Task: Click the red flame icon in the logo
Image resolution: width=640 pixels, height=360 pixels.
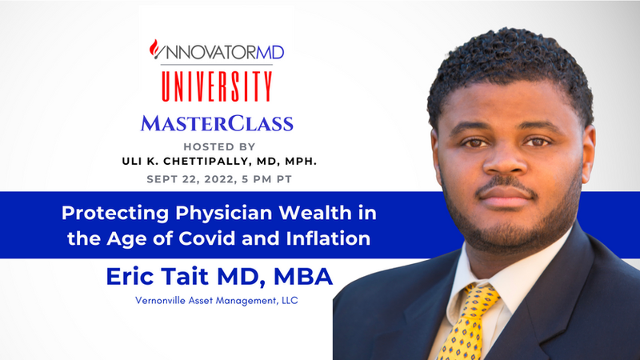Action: click(154, 49)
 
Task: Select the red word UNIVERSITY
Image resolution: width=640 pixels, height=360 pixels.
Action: click(217, 86)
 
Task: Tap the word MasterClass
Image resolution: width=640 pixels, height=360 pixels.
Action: click(217, 123)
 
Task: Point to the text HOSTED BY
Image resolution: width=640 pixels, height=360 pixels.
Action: click(219, 146)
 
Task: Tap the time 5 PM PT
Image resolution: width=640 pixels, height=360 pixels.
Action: click(267, 179)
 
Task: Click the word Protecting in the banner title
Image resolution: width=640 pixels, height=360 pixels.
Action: click(115, 214)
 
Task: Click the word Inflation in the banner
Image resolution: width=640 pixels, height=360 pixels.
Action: click(328, 238)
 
